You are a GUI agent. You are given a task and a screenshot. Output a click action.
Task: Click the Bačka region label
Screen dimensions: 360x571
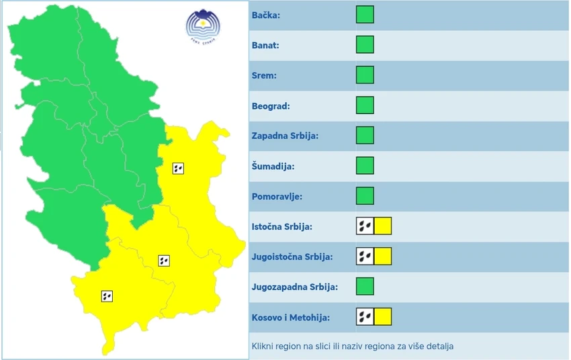point(266,15)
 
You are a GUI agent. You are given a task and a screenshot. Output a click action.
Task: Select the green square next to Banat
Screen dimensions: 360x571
point(365,45)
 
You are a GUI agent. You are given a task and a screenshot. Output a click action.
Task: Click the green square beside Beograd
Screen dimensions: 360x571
point(365,105)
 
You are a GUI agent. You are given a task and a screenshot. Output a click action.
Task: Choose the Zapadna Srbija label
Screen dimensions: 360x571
point(285,136)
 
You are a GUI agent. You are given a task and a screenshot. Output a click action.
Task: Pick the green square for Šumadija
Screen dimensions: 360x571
point(365,165)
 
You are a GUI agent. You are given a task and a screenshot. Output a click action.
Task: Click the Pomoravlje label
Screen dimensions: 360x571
point(277,196)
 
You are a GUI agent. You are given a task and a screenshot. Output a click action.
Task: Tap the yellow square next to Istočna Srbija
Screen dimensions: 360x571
point(383,226)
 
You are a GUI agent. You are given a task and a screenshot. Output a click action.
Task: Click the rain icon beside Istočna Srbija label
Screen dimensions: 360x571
point(365,226)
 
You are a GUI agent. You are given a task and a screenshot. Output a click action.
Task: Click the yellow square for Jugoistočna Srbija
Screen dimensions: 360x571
point(383,256)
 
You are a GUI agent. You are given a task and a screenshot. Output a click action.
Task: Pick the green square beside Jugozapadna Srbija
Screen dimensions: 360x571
point(365,286)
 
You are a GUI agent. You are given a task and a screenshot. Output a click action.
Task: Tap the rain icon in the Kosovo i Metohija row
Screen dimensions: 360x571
point(365,316)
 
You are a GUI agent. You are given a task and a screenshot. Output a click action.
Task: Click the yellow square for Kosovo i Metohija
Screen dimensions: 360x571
point(383,316)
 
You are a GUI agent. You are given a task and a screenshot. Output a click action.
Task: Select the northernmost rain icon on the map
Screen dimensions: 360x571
point(178,168)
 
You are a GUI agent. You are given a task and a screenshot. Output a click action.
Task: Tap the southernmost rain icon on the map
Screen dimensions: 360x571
point(107,296)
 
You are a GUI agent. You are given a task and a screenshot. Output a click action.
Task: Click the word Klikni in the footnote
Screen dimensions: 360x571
point(263,347)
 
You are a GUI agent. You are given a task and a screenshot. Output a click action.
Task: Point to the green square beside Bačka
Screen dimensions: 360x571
point(365,15)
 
